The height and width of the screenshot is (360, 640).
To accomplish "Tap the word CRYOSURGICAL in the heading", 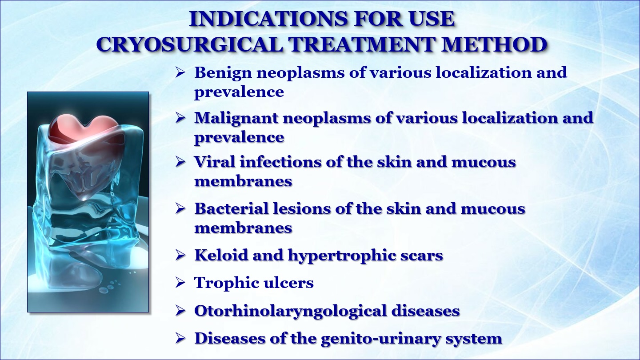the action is pos(190,44).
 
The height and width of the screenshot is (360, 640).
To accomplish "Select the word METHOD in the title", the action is pos(494,44).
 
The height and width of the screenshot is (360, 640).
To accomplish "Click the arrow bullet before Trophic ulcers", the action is pos(180,283).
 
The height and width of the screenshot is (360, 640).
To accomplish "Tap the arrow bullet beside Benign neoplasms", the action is pos(180,72).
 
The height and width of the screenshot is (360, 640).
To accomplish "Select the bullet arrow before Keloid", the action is pos(180,255).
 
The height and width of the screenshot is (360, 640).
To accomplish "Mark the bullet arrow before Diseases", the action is pos(180,339).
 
